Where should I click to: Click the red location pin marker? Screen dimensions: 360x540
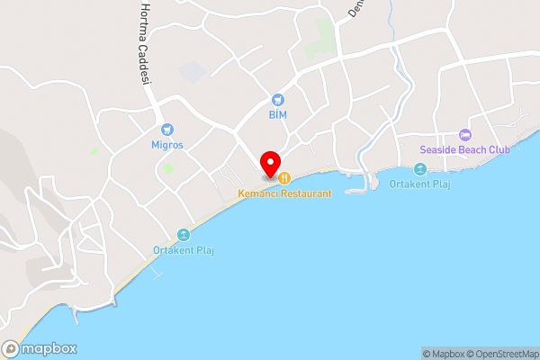pos(269,164)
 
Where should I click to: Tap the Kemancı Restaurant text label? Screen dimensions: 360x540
pos(284,193)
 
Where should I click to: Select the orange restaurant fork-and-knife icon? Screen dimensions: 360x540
pos(284,177)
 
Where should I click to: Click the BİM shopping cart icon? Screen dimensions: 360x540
pos(276,100)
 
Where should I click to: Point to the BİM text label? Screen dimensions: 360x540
pos(276,115)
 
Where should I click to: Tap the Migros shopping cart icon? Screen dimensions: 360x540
pos(167,130)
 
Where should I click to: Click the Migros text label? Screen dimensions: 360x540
pos(167,145)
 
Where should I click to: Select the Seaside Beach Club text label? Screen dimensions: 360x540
pos(464,149)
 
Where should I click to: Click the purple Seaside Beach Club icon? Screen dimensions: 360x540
pos(464,134)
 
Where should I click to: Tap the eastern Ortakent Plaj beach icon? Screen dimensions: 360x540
pos(419,169)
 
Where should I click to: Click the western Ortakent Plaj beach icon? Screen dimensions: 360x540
pos(184,235)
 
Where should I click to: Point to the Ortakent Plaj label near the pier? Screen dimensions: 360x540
pos(419,184)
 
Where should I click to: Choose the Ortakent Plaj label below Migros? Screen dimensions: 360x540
pos(184,250)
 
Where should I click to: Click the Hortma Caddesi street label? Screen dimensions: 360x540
pos(143,44)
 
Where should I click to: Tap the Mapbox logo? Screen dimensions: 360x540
pos(40,348)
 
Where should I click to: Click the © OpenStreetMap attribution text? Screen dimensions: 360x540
pos(499,354)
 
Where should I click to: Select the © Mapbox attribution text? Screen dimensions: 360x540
pos(440,354)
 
